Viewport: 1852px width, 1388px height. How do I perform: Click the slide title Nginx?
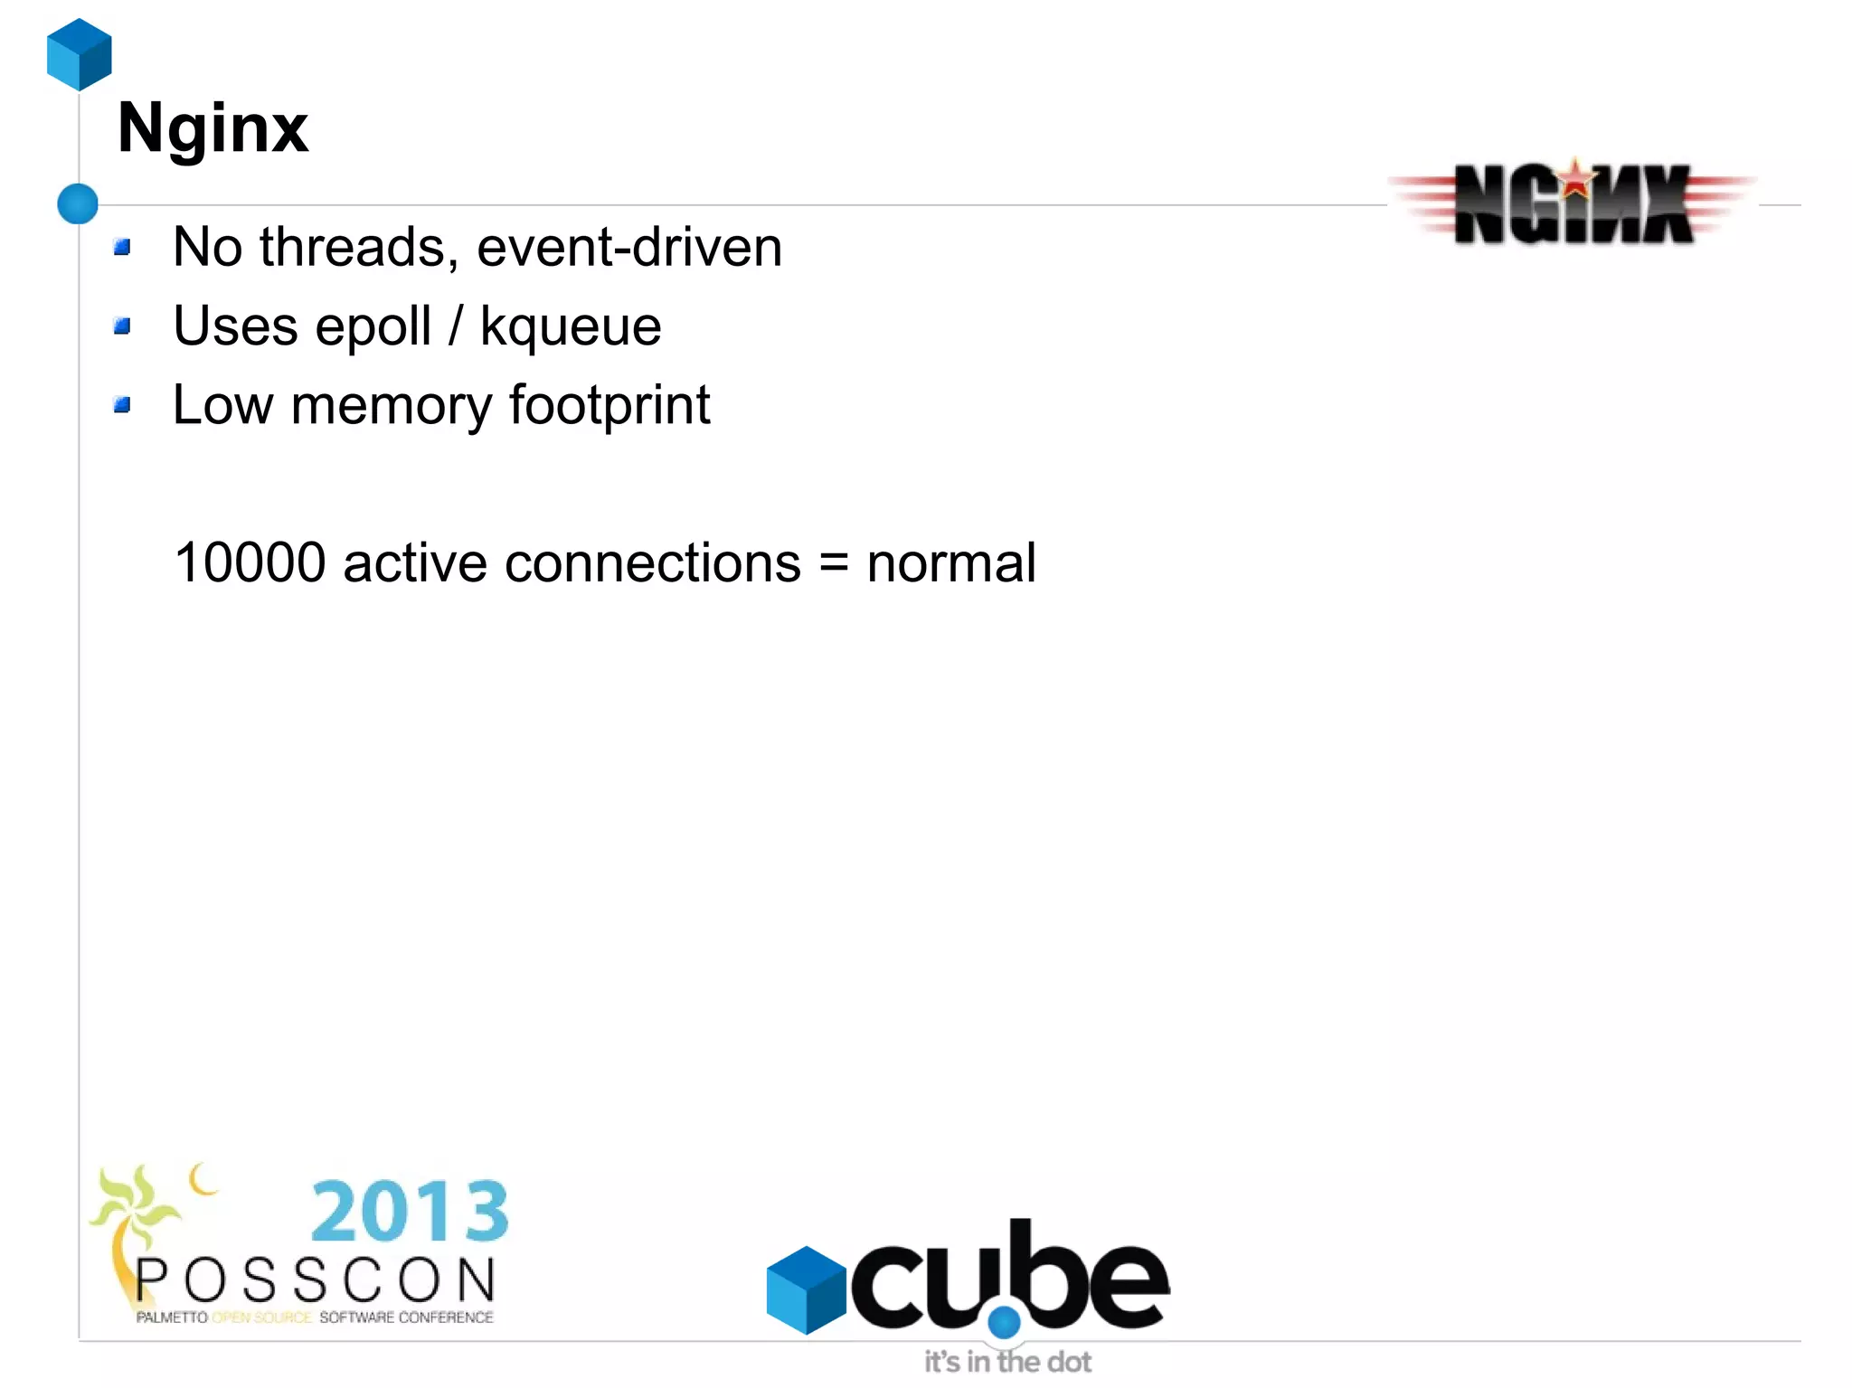point(213,128)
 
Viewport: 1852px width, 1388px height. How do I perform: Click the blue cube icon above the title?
point(80,54)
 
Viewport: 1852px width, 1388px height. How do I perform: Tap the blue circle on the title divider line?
point(78,203)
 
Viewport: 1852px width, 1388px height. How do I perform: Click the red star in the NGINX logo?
point(1576,178)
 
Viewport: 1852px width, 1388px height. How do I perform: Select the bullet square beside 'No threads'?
point(123,247)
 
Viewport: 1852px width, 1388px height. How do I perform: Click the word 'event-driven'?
point(629,247)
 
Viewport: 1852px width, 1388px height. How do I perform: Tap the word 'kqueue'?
point(571,326)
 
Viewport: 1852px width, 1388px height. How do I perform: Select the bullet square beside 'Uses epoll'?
point(123,326)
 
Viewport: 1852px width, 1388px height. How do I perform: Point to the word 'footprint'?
point(609,405)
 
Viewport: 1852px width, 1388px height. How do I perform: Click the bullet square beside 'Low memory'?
point(123,404)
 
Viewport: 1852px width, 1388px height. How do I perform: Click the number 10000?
point(250,562)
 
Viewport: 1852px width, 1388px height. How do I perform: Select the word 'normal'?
point(950,562)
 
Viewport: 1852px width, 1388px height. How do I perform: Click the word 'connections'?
point(652,562)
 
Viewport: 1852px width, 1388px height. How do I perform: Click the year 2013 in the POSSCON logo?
point(410,1212)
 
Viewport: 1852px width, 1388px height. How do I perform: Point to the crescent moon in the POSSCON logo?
point(202,1179)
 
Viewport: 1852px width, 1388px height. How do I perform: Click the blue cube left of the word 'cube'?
point(806,1289)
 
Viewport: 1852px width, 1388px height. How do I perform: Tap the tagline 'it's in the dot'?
point(1007,1362)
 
